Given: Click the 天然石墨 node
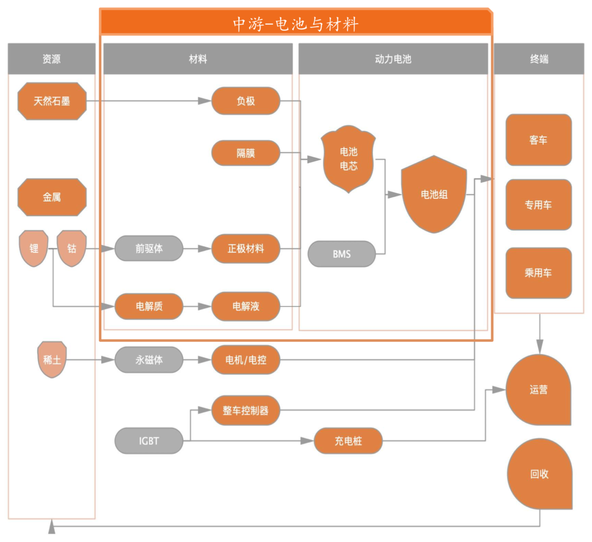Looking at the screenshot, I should tap(52, 101).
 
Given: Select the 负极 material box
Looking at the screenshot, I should tap(246, 101).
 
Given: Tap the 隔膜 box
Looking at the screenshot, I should tap(246, 153).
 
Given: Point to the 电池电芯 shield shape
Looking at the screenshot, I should tap(348, 159).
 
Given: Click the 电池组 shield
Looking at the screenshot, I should tap(434, 194).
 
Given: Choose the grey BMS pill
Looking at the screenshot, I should tap(341, 254).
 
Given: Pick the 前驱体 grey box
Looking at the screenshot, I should tap(149, 248).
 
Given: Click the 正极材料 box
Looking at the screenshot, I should tap(246, 248).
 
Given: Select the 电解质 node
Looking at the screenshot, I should tap(149, 306).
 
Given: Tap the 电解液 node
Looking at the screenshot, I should tap(246, 306).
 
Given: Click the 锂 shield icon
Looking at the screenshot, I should tap(34, 248).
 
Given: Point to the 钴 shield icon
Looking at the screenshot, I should tap(72, 248).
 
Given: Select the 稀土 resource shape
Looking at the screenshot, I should tap(52, 359).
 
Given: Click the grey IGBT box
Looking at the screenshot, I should tap(149, 441).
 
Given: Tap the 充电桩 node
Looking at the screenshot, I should tap(348, 441).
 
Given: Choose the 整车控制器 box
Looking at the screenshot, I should tap(246, 411).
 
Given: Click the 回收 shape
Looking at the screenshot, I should tap(539, 474).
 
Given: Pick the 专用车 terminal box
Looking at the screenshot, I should tap(538, 205).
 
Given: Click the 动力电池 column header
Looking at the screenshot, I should tap(393, 59).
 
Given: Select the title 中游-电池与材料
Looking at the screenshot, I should tap(296, 24).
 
